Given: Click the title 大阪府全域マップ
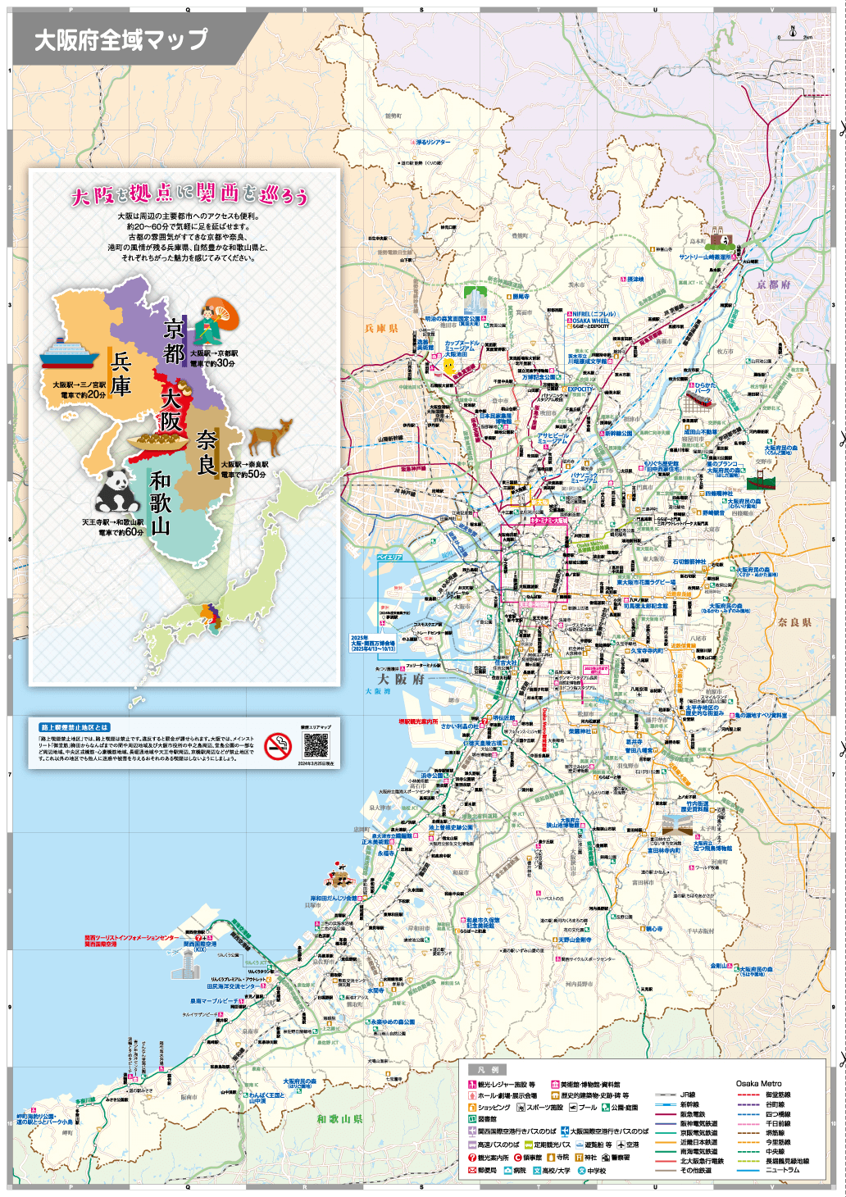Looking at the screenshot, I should point(121,39).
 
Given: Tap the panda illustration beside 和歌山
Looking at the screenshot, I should point(117,492).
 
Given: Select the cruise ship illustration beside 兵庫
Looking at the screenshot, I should point(69,353).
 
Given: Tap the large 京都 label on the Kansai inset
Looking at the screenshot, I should point(175,341).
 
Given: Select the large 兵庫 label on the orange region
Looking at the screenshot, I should point(121,374).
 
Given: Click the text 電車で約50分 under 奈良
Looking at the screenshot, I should point(243,474).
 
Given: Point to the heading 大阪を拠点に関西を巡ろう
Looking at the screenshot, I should point(189,194).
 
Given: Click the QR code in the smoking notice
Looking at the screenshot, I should point(316,745).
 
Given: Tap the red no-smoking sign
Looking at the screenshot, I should point(279,746).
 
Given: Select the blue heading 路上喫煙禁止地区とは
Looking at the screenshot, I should point(75,727).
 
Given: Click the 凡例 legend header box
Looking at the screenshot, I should point(487,1070).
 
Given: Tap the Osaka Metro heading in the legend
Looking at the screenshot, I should point(758,1083).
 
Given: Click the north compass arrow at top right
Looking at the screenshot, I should point(793,32).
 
